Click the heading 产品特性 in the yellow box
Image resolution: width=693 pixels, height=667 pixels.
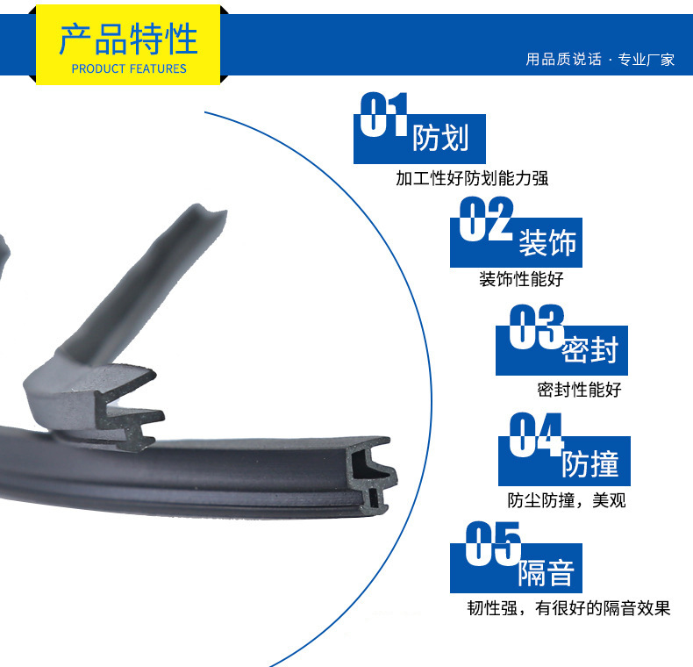pyautogui.click(x=128, y=39)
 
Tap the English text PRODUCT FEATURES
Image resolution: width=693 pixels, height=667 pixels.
pyautogui.click(x=129, y=69)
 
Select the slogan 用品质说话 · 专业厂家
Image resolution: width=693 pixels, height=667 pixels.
pyautogui.click(x=600, y=60)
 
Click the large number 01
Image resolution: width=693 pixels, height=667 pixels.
pyautogui.click(x=383, y=114)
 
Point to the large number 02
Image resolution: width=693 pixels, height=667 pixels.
pyautogui.click(x=486, y=219)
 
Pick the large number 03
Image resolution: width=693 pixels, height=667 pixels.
pyautogui.click(x=537, y=326)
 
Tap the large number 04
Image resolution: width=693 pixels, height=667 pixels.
pyautogui.click(x=536, y=434)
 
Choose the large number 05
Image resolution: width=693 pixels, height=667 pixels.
pyautogui.click(x=493, y=543)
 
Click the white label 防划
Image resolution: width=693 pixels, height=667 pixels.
pyautogui.click(x=440, y=138)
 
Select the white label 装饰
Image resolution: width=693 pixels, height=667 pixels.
pyautogui.click(x=547, y=242)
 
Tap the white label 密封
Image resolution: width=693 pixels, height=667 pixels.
pyautogui.click(x=590, y=350)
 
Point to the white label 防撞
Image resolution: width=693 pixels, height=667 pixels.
pyautogui.click(x=590, y=464)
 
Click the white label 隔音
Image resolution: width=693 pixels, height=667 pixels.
pyautogui.click(x=547, y=573)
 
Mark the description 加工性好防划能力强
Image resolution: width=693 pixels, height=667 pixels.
pyautogui.click(x=472, y=178)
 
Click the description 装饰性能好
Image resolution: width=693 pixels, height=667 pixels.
pyautogui.click(x=522, y=279)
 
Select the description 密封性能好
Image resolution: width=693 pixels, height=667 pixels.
pyautogui.click(x=580, y=390)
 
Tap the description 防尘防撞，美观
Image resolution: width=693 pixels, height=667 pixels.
pyautogui.click(x=567, y=500)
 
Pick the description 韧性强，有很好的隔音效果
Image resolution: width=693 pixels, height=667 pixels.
pyautogui.click(x=568, y=608)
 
